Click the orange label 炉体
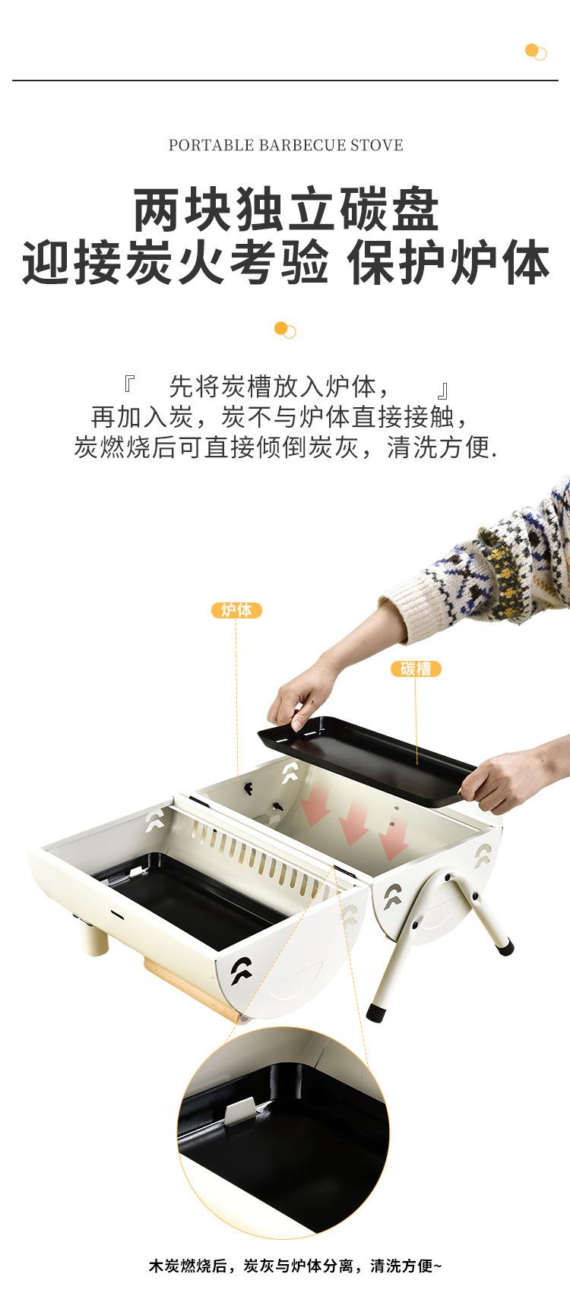(x=236, y=610)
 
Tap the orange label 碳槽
(x=416, y=669)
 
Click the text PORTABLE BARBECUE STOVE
(x=286, y=145)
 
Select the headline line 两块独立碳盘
(x=286, y=210)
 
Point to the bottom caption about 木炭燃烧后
(x=295, y=1266)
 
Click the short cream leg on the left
(x=96, y=934)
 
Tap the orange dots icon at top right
(x=536, y=52)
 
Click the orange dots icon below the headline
(x=285, y=330)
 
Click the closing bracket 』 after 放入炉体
(x=442, y=390)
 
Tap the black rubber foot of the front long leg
(x=376, y=1012)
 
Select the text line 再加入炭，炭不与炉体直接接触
(x=280, y=416)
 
